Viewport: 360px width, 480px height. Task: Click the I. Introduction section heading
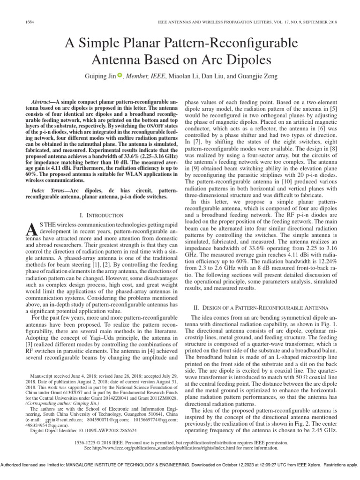coord(102,215)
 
